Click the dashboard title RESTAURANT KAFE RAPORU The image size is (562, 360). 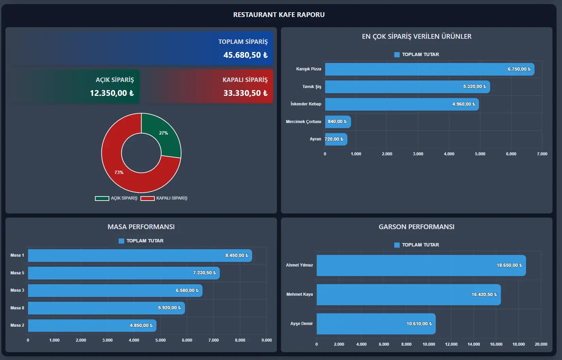(x=279, y=15)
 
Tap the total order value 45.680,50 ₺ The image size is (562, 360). (x=245, y=55)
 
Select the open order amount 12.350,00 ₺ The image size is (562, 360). (x=112, y=93)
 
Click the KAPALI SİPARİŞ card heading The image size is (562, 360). (x=245, y=80)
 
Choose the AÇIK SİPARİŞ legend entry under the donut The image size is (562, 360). (x=116, y=198)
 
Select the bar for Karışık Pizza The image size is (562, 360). (x=430, y=69)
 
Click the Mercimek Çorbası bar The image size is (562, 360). (x=338, y=122)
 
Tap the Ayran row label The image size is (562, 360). (x=315, y=139)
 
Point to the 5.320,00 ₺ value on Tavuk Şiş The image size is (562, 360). (x=475, y=86)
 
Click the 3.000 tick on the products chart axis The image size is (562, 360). (x=418, y=154)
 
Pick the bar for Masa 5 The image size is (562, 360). (x=124, y=273)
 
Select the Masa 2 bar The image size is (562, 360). (x=92, y=325)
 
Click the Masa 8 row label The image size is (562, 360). (x=17, y=308)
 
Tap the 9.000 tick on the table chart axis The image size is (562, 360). (x=266, y=340)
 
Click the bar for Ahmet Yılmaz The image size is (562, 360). (x=421, y=265)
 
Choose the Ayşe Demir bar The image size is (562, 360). (x=376, y=324)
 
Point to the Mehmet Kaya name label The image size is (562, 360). (x=300, y=294)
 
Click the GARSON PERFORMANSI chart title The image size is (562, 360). (x=416, y=227)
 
